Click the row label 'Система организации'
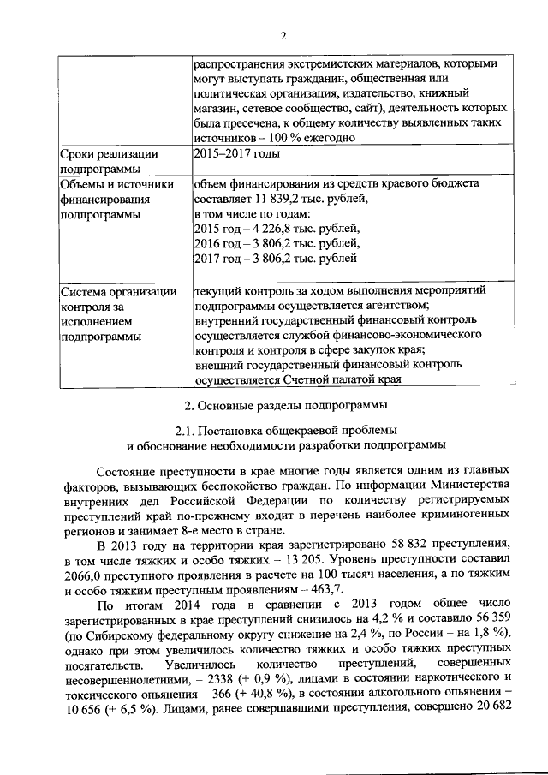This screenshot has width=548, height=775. point(119,291)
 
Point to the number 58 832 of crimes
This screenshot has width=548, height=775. point(363,545)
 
